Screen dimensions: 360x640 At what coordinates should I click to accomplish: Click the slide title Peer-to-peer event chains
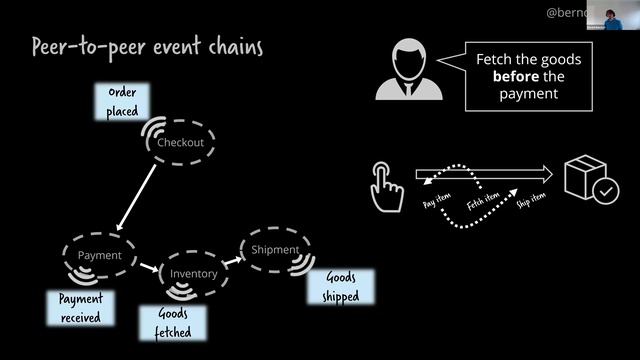coord(147,47)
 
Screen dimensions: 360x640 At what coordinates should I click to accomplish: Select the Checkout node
coord(180,142)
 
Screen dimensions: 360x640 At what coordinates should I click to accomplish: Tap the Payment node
coord(100,255)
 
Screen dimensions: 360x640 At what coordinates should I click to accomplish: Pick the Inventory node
coord(193,273)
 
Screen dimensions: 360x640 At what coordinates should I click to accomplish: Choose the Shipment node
coord(275,249)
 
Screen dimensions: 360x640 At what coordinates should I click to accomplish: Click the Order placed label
coord(122,102)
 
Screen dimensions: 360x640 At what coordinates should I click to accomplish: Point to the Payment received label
coord(81,308)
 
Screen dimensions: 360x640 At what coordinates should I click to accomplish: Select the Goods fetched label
coord(172,321)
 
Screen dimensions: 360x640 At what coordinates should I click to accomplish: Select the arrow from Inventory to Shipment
coord(232,261)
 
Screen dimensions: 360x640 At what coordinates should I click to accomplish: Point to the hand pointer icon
coord(384,186)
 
